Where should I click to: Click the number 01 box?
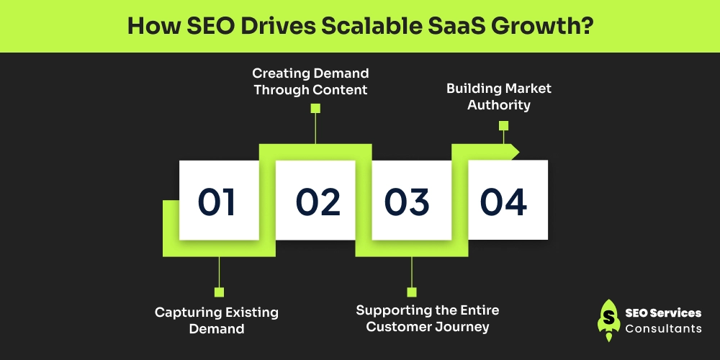(218, 200)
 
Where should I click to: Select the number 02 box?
(315, 200)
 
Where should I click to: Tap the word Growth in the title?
(541, 27)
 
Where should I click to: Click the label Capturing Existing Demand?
(217, 320)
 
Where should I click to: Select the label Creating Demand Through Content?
(310, 81)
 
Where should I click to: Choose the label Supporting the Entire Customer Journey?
(428, 318)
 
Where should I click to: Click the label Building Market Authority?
(499, 96)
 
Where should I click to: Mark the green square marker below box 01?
(219, 292)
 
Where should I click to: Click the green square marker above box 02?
(315, 109)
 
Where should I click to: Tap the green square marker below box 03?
(412, 292)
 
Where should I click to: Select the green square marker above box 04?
(503, 125)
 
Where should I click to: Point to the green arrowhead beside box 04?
(514, 151)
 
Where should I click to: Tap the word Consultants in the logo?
(663, 329)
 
